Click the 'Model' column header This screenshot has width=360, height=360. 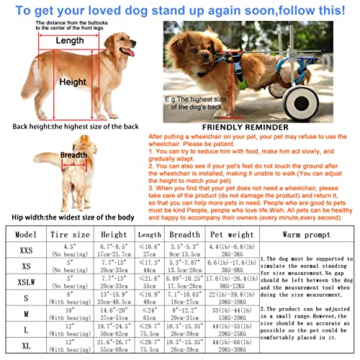(x=26, y=235)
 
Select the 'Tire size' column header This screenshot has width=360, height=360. (x=71, y=235)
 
